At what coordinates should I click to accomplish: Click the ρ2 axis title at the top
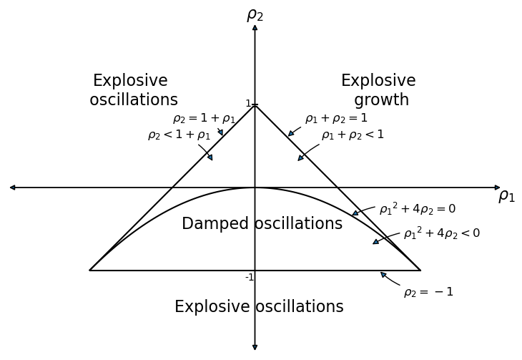click(255, 15)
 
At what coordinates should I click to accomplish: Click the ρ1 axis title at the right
click(506, 195)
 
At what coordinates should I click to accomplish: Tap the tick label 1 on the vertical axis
click(248, 104)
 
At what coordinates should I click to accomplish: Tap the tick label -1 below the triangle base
click(250, 278)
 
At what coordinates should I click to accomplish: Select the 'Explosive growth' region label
click(379, 90)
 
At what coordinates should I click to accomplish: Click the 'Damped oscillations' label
click(262, 224)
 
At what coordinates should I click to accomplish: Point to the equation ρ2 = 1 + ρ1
click(204, 119)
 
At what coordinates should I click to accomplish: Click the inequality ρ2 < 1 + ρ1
click(179, 135)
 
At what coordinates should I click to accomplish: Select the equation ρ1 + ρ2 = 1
click(336, 119)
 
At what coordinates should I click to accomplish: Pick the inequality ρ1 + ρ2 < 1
click(353, 135)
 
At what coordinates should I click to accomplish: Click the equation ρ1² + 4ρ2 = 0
click(417, 209)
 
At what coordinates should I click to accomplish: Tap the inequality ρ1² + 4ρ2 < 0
click(441, 233)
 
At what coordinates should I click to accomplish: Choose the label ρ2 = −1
click(428, 292)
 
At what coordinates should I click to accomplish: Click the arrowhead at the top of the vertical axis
click(255, 27)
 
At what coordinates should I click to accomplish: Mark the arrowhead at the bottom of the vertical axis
click(255, 348)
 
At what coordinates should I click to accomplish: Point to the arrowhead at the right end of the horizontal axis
click(498, 188)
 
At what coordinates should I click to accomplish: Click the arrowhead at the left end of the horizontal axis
click(12, 188)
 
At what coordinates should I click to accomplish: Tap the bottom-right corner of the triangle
click(420, 271)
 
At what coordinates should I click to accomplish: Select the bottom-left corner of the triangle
click(90, 271)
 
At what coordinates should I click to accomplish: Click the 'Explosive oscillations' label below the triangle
click(259, 307)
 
